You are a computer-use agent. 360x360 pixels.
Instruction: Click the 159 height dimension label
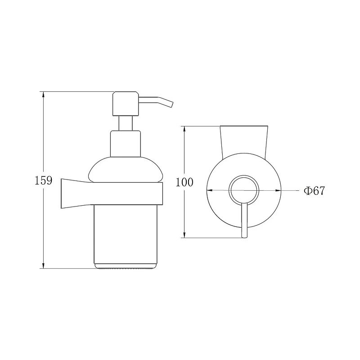coord(43,180)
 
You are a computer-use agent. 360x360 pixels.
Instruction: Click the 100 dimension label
coord(184,182)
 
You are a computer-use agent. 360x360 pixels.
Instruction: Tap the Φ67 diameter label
coord(314,190)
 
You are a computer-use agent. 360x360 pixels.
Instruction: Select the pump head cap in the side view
coord(126,103)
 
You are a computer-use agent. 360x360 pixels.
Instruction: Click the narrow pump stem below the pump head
coord(126,123)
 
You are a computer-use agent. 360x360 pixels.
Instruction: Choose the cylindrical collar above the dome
coord(126,144)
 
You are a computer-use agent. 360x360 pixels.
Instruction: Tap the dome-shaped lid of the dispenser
coord(126,170)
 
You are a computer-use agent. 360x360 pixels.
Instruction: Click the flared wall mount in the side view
coord(76,193)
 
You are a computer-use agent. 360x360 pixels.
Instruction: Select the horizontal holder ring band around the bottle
coord(127,193)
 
